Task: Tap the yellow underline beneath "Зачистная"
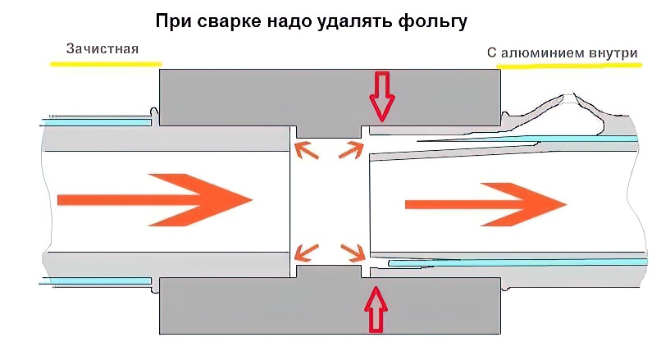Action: [x=105, y=64]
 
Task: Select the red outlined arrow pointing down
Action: [x=382, y=96]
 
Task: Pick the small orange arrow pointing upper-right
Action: [x=351, y=149]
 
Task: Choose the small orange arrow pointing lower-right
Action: [x=350, y=251]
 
